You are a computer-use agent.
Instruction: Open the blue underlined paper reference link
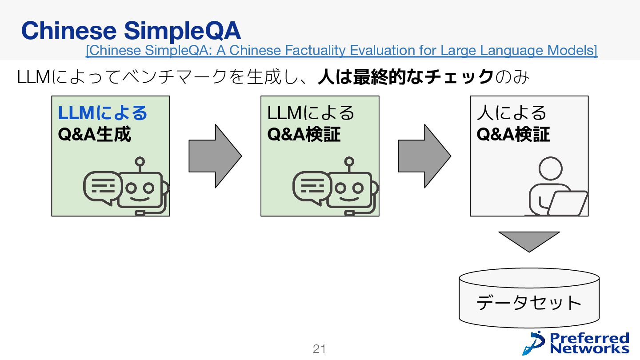(x=341, y=51)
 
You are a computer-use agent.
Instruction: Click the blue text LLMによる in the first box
(x=102, y=113)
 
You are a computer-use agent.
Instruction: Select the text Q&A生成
(x=95, y=134)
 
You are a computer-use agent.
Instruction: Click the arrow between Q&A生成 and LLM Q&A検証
(x=215, y=156)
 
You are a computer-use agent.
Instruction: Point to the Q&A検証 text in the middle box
(x=304, y=134)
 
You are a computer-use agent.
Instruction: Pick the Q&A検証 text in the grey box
(x=513, y=134)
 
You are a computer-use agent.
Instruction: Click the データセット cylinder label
(x=529, y=303)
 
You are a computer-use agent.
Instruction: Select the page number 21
(x=319, y=349)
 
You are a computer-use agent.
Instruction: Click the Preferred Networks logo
(x=576, y=343)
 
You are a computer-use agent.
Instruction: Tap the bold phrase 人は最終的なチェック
(x=405, y=77)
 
